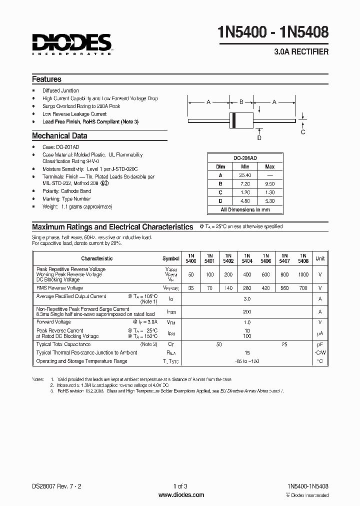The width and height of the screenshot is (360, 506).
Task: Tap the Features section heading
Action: click(x=46, y=79)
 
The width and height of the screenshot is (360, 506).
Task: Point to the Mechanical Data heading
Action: click(x=59, y=135)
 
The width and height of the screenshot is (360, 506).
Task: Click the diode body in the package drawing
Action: click(x=240, y=120)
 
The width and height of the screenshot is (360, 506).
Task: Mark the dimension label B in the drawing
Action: click(x=241, y=102)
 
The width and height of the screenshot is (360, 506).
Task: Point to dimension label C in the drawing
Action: click(x=303, y=132)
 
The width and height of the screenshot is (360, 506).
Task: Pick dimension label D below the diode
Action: click(x=259, y=138)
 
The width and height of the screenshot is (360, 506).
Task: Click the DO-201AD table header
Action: click(x=245, y=158)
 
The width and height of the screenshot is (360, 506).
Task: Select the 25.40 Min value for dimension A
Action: click(x=245, y=175)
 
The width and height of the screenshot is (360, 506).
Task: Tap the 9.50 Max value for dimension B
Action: click(x=269, y=183)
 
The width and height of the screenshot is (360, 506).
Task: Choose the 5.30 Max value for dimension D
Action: click(x=269, y=201)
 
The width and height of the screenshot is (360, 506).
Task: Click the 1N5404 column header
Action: click(x=247, y=258)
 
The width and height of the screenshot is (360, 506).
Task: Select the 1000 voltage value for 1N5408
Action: click(x=303, y=274)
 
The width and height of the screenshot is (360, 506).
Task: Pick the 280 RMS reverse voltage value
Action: click(x=247, y=288)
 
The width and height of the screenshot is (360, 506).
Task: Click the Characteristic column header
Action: click(x=97, y=258)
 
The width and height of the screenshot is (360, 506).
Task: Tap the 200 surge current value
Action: click(x=247, y=311)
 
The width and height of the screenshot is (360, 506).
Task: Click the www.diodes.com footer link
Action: click(x=180, y=495)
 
